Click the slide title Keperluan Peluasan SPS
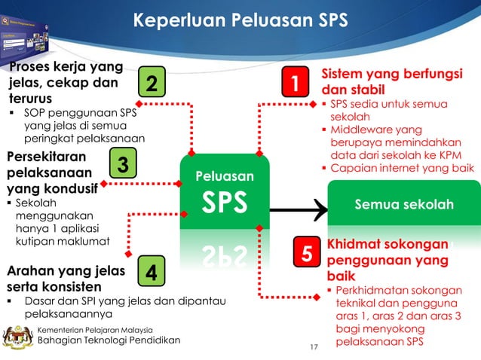[x=240, y=20]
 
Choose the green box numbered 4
[x=152, y=273]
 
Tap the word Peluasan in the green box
[x=225, y=177]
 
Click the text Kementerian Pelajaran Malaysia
[x=95, y=329]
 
